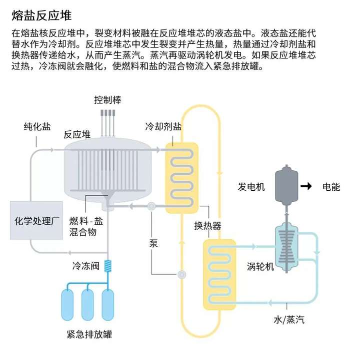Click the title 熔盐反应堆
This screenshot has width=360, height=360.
(x=41, y=16)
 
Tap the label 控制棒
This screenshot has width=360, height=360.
(x=107, y=100)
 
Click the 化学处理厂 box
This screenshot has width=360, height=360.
(x=36, y=220)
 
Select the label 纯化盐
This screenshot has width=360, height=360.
(x=37, y=126)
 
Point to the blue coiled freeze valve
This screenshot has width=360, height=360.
(x=108, y=266)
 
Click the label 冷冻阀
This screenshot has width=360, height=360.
(x=86, y=266)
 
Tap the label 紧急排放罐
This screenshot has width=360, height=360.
(x=89, y=334)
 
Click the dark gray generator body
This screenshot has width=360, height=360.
(x=286, y=185)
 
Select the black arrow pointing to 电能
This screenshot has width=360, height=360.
(x=306, y=186)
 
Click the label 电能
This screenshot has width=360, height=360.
(x=331, y=187)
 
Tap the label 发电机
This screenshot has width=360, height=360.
(x=251, y=187)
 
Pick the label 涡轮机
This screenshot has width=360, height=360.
(x=260, y=266)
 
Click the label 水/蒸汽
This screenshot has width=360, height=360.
(x=289, y=320)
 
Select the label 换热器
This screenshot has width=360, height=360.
(x=208, y=226)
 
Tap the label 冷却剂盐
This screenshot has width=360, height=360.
(x=163, y=126)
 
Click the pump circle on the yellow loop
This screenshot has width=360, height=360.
(x=182, y=274)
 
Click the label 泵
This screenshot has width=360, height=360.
(x=153, y=243)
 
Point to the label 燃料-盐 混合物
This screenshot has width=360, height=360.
(x=86, y=227)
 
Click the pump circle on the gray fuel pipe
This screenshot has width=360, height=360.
(x=151, y=206)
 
